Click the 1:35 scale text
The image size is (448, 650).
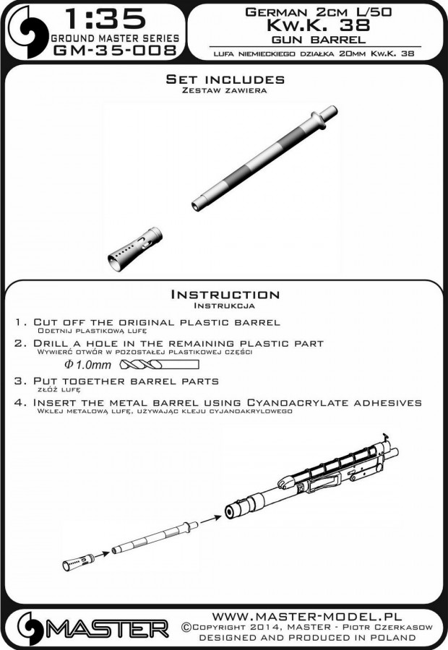pyautogui.click(x=106, y=18)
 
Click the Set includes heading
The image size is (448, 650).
pyautogui.click(x=225, y=79)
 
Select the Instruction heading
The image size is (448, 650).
pyautogui.click(x=224, y=294)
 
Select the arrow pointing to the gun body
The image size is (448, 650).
pyautogui.click(x=210, y=519)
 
